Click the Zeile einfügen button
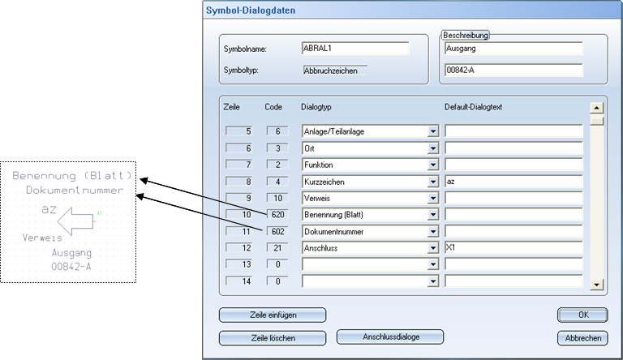coord(272,315)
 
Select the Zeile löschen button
coord(272,338)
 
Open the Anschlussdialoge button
coord(389,336)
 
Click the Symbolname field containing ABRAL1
coord(354,49)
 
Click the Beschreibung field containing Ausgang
coord(513,49)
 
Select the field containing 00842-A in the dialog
coord(513,71)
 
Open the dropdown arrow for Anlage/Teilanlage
coord(433,131)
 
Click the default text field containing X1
coord(513,248)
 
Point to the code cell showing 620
coord(277,215)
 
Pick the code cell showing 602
coord(277,232)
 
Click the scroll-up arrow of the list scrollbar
coord(597,108)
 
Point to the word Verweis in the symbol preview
coord(43,239)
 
